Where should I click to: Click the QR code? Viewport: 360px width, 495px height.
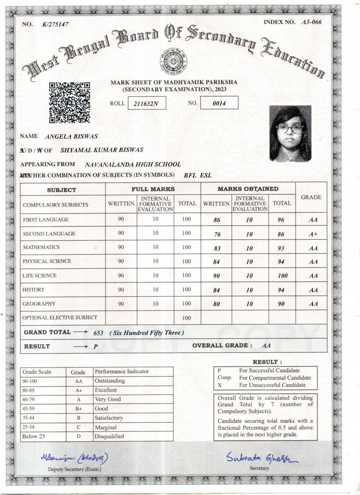tap(69, 102)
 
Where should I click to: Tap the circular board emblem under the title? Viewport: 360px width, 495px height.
tap(173, 61)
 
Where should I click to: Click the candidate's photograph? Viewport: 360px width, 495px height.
tap(290, 134)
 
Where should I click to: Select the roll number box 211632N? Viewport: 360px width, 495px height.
tap(147, 103)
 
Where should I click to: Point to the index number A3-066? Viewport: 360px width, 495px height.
tap(311, 22)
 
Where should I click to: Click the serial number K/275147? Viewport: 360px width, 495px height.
tap(55, 25)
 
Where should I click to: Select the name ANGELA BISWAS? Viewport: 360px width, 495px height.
tap(71, 136)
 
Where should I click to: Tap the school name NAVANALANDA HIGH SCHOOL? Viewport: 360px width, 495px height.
tap(133, 165)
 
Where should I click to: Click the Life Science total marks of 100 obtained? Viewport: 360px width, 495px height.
tap(282, 276)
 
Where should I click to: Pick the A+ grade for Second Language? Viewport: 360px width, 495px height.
tap(313, 234)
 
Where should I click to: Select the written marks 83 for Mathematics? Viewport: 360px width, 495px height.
tap(217, 248)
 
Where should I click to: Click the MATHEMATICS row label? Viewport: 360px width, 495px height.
tap(41, 247)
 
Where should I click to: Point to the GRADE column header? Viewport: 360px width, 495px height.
tap(311, 197)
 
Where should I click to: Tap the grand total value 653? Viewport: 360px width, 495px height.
tap(98, 333)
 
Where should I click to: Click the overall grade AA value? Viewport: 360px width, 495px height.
tap(266, 345)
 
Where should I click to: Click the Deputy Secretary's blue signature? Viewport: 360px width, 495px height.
tap(74, 458)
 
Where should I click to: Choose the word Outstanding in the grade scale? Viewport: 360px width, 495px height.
tap(110, 381)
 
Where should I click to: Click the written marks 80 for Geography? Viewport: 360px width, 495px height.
tap(217, 304)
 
